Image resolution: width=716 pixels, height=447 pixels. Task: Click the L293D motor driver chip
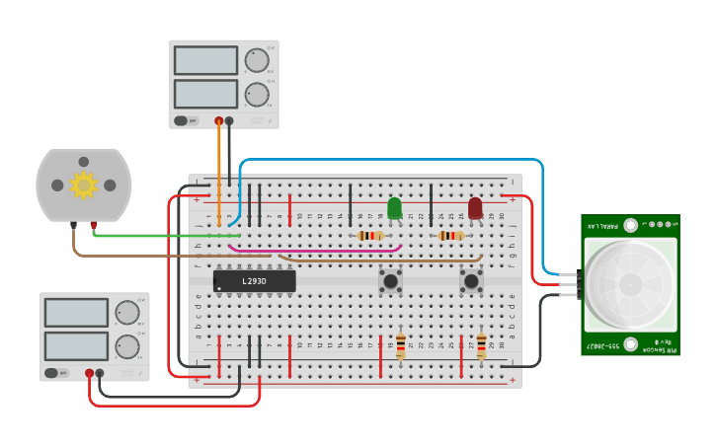coord(254,281)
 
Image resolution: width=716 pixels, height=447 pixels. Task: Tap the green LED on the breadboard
coord(394,207)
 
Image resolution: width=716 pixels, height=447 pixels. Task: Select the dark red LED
coord(475,207)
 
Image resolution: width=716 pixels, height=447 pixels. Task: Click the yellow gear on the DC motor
coord(83,185)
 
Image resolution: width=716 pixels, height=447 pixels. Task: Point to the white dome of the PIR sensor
coord(629,285)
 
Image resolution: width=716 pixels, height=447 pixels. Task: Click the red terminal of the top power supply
coord(219,121)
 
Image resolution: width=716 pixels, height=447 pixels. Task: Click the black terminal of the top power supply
coord(229,121)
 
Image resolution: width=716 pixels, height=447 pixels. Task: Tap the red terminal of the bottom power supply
coord(89,373)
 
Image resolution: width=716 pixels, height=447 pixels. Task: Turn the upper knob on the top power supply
coord(256,61)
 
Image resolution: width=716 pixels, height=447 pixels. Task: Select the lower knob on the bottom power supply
coord(127,346)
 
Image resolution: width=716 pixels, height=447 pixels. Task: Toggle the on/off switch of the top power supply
coord(182,120)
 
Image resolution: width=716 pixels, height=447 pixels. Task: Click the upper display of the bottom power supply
coord(76,313)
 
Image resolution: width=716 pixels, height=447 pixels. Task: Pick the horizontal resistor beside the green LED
coord(369,236)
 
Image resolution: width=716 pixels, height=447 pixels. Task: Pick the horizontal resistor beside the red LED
coord(450,236)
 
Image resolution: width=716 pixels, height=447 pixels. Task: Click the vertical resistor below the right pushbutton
coord(481,346)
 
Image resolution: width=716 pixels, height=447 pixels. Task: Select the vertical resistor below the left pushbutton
coord(400,346)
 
